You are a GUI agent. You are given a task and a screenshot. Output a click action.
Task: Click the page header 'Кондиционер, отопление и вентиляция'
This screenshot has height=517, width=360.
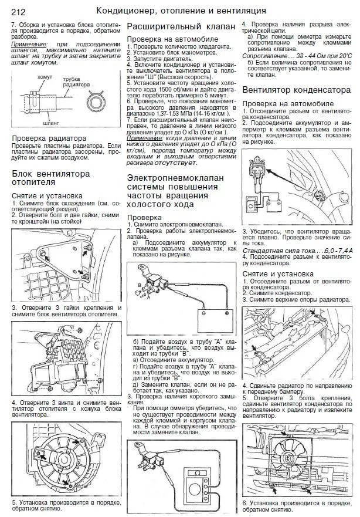(181, 11)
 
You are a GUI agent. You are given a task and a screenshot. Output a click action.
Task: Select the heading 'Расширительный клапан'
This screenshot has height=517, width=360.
(173, 28)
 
